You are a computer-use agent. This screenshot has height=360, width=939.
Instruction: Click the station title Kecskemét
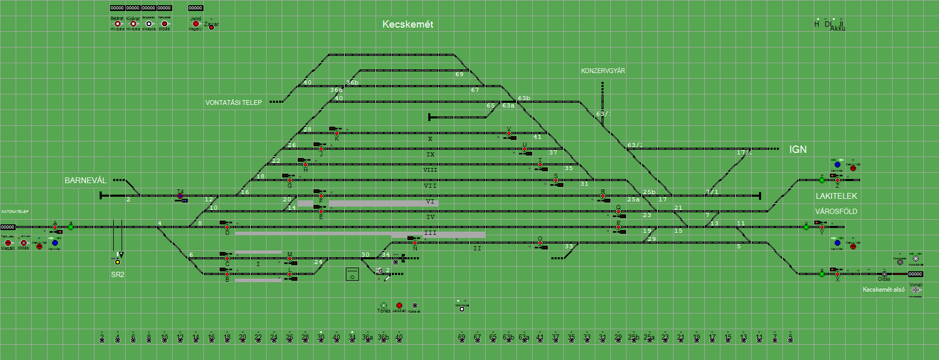[407, 25]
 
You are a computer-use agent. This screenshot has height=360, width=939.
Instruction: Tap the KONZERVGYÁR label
[603, 71]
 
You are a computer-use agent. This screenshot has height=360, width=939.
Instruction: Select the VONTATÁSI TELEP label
[233, 103]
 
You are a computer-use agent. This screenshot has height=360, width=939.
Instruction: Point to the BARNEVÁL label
[85, 181]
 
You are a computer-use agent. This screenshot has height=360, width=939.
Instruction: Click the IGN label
[798, 150]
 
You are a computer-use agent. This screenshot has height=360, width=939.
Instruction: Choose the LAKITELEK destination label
[836, 196]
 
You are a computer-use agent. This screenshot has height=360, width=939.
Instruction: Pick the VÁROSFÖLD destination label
[836, 211]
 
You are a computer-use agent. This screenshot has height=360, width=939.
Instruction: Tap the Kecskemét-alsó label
[884, 290]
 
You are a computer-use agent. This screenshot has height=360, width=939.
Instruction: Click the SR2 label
[117, 274]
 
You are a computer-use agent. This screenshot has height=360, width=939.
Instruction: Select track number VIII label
[430, 170]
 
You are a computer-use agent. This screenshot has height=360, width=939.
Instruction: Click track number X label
[430, 139]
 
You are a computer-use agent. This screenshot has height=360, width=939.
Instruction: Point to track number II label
[477, 248]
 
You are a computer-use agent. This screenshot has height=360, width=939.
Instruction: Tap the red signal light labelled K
[336, 134]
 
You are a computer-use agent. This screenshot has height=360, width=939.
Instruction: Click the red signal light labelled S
[556, 181]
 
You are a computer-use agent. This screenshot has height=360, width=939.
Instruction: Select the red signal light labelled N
[415, 243]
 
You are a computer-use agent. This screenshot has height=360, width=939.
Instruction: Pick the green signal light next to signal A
[70, 227]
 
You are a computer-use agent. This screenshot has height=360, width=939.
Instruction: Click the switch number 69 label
[459, 74]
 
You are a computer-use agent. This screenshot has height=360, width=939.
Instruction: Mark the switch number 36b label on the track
[353, 82]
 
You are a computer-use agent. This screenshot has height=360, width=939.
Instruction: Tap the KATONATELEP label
[15, 212]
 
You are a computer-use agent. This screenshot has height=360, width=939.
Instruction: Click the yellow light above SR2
[117, 262]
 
